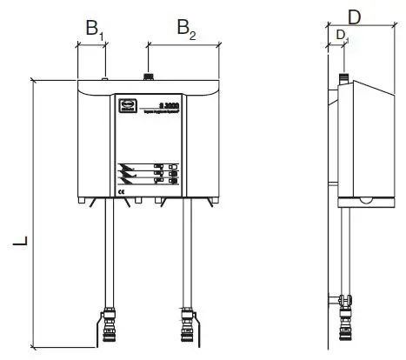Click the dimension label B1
pyautogui.click(x=94, y=29)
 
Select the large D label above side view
pyautogui.click(x=355, y=16)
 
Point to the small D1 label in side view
pyautogui.click(x=343, y=35)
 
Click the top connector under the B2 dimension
pyautogui.click(x=149, y=77)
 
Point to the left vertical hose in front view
pyautogui.click(x=110, y=252)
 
